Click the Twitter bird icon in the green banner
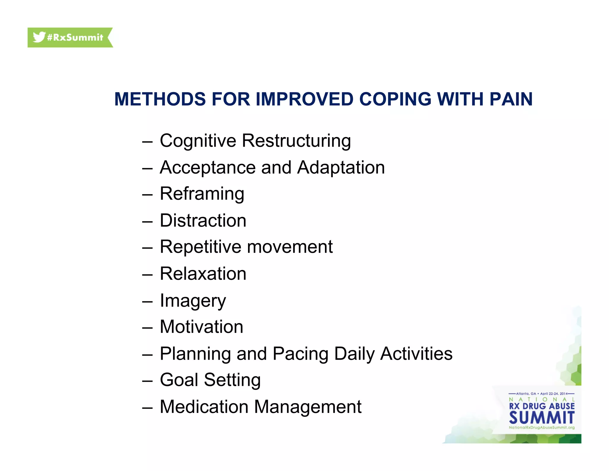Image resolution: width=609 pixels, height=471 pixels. pyautogui.click(x=39, y=37)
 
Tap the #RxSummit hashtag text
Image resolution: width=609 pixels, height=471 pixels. pyautogui.click(x=75, y=38)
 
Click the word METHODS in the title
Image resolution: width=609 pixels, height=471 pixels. pyautogui.click(x=160, y=99)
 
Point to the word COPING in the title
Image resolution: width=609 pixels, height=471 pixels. pyautogui.click(x=395, y=99)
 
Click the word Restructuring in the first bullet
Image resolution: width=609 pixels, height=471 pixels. pyautogui.click(x=296, y=141)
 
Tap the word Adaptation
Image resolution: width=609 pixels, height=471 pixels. pyautogui.click(x=341, y=167)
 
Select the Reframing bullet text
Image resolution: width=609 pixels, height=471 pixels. pyautogui.click(x=202, y=194)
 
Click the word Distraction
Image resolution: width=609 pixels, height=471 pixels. pyautogui.click(x=203, y=221)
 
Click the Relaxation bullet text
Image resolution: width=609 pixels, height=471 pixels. pyautogui.click(x=203, y=274)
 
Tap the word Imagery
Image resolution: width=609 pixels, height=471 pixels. pyautogui.click(x=193, y=301)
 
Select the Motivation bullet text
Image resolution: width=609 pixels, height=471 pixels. pyautogui.click(x=202, y=327)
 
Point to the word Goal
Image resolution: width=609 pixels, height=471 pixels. pyautogui.click(x=179, y=380)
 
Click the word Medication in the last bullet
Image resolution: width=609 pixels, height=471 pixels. pyautogui.click(x=204, y=407)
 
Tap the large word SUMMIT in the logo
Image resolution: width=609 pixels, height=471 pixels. pyautogui.click(x=541, y=418)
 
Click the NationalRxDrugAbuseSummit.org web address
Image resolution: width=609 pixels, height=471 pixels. pyautogui.click(x=541, y=428)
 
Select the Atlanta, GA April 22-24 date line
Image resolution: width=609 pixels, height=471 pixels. pyautogui.click(x=541, y=394)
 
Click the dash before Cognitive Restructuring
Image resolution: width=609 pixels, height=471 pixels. pyautogui.click(x=147, y=142)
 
